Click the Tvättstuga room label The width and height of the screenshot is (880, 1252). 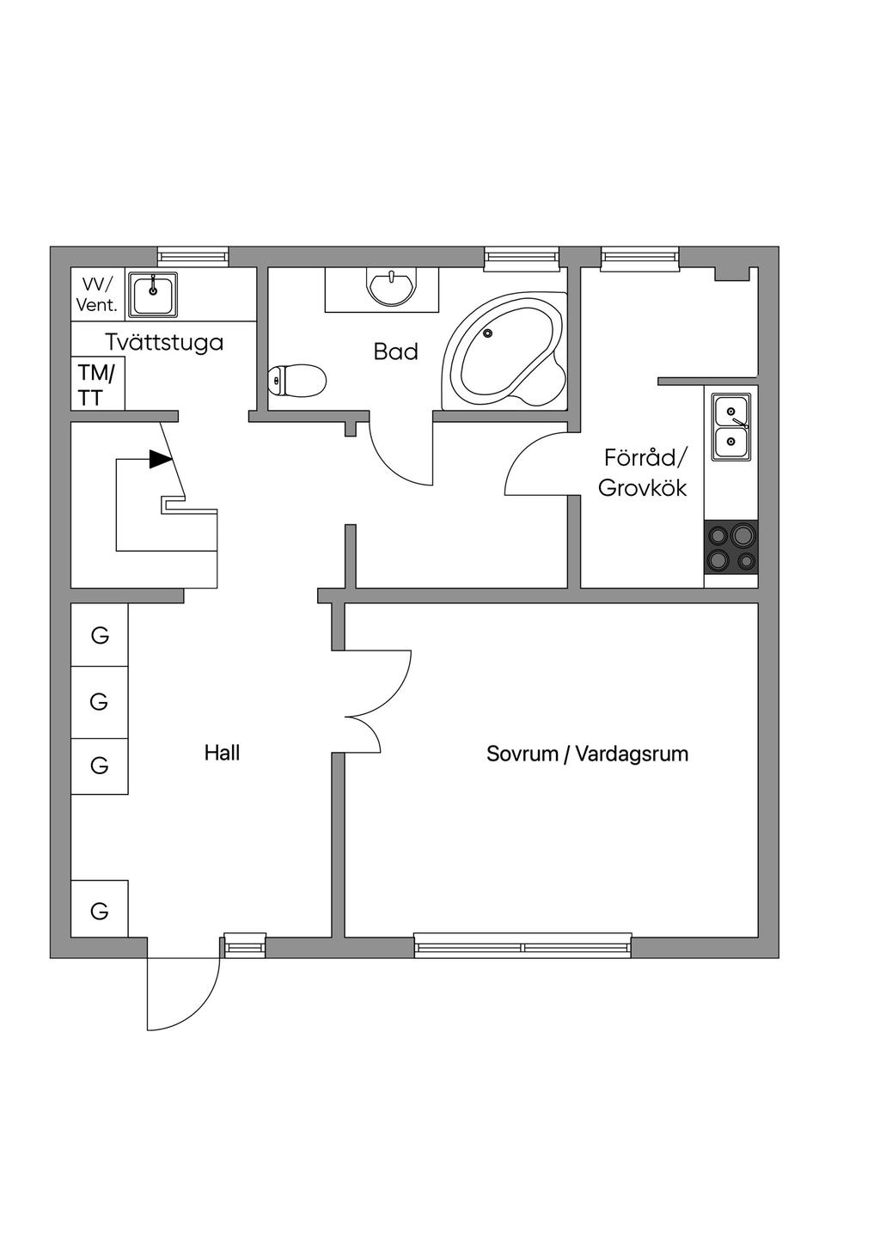164,342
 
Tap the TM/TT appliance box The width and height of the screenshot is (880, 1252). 97,384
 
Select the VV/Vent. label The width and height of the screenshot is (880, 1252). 96,294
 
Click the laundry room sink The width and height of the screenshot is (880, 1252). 153,295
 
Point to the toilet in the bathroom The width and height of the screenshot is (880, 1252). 297,380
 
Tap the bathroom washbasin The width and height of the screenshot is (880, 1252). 391,286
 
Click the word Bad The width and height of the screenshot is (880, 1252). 395,351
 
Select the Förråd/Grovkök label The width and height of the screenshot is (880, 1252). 643,472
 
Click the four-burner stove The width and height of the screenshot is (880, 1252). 730,548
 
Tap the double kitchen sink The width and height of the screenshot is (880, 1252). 730,427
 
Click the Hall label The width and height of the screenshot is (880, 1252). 222,753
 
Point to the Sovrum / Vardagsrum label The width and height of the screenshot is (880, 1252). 587,754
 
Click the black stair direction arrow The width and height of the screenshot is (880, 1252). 161,459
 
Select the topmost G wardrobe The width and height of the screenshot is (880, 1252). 100,635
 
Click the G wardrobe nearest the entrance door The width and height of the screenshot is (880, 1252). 100,910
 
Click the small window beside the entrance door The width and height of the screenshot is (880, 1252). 245,945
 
